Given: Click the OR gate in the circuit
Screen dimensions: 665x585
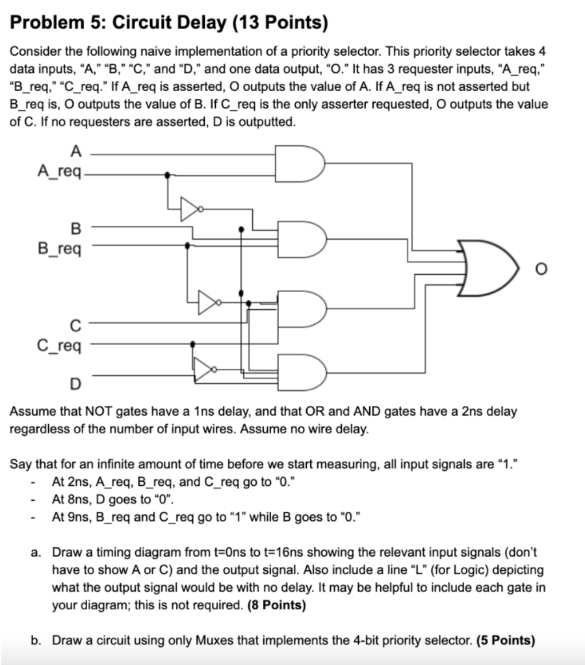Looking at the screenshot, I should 484,267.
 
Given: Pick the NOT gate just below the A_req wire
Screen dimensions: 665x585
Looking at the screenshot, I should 190,208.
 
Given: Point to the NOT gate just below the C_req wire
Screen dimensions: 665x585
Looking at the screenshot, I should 203,371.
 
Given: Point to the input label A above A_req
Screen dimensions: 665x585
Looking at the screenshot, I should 76,153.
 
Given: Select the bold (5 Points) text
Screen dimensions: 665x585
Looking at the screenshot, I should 506,640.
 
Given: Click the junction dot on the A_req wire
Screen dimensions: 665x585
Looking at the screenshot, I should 168,174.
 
